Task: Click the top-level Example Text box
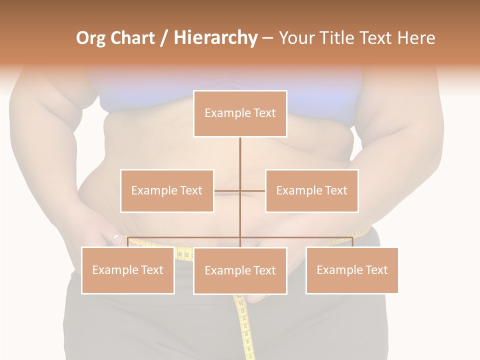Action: pos(240,113)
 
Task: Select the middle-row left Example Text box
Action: pos(167,190)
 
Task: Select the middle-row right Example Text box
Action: pos(311,190)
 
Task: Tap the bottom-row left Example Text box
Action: pos(127,270)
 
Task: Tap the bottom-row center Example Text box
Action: pos(240,270)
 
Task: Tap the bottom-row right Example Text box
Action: pos(352,270)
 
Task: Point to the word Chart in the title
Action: pos(132,38)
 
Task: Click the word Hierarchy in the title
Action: pos(215,38)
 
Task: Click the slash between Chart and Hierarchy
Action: pos(164,38)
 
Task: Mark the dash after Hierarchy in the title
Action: pos(267,38)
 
